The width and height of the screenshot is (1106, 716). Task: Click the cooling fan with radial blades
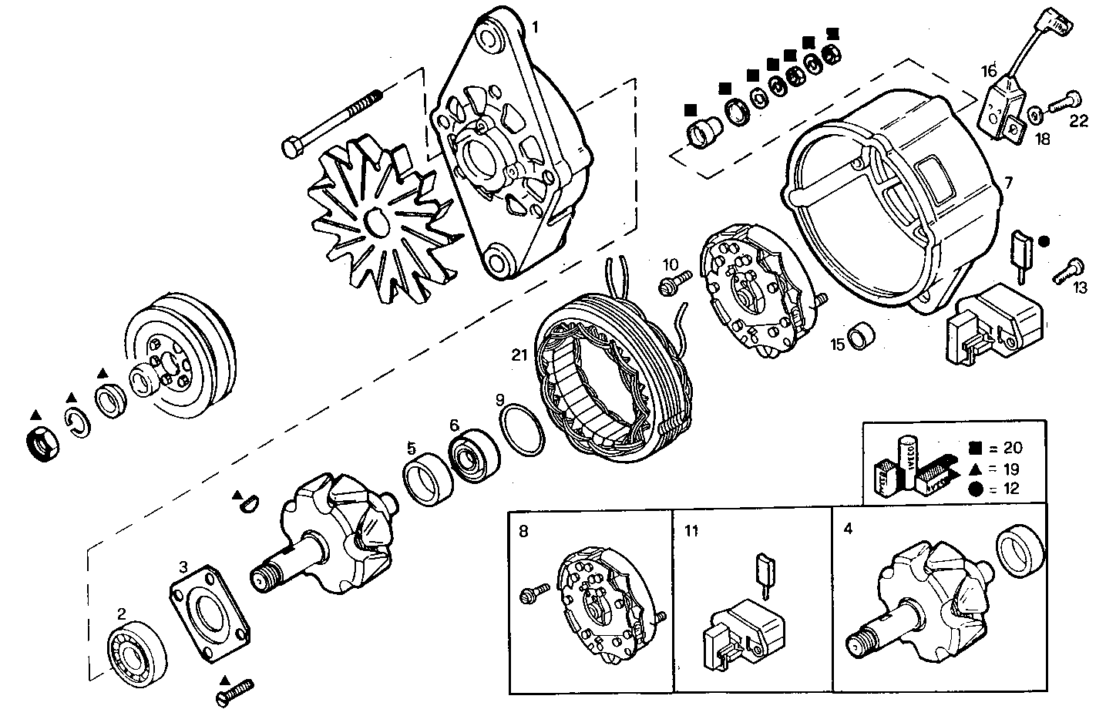pos(375,224)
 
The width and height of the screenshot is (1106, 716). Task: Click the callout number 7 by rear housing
pos(1009,183)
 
